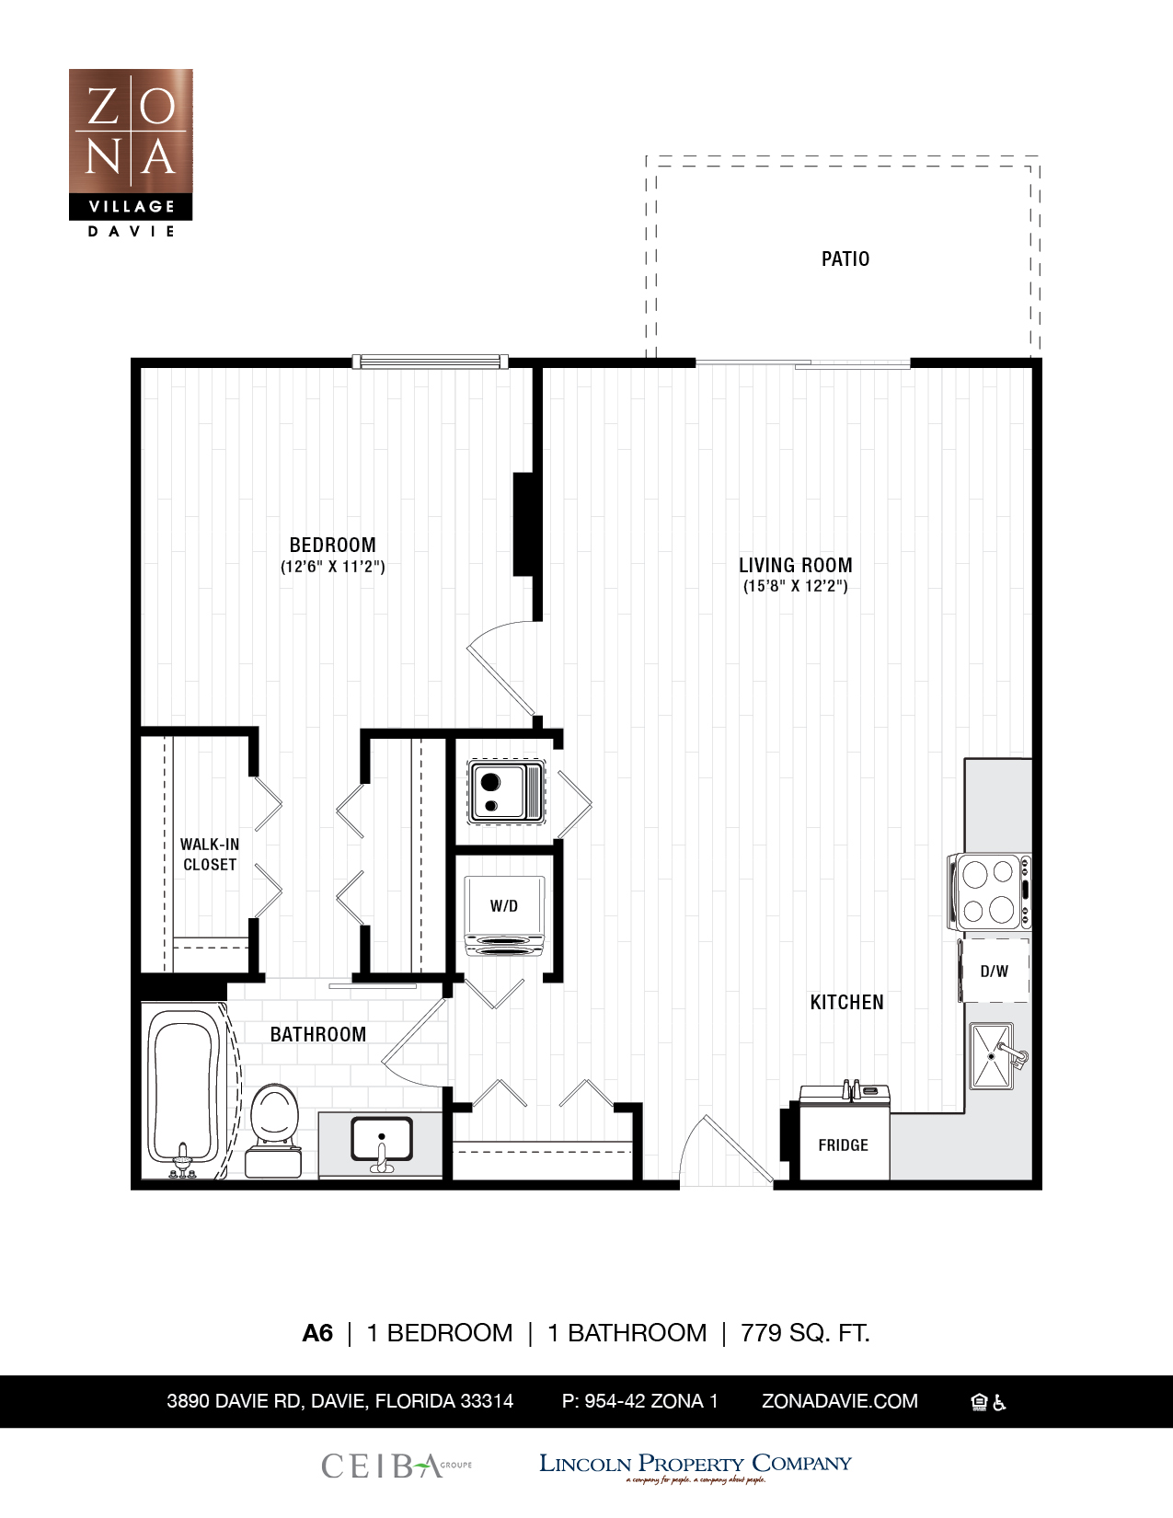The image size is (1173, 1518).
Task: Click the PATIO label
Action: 845,259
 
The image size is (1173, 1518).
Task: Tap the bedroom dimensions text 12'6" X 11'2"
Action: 332,567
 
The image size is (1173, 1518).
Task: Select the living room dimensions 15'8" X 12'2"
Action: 795,586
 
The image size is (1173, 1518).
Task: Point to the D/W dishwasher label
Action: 994,972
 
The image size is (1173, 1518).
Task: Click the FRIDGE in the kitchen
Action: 843,1144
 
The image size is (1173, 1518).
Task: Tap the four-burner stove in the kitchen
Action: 990,891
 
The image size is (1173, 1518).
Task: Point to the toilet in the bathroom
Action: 274,1127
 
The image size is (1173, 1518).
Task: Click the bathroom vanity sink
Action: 381,1142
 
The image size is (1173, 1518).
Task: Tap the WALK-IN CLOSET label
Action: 210,854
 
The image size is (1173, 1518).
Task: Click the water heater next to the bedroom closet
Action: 505,791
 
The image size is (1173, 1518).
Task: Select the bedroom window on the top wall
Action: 430,362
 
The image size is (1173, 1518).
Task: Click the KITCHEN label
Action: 846,1003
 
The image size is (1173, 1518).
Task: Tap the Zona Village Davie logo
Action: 131,152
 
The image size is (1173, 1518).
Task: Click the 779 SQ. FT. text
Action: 805,1332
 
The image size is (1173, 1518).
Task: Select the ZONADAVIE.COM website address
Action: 839,1401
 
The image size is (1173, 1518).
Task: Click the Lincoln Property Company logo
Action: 695,1466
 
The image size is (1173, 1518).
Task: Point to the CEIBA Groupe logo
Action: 396,1466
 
